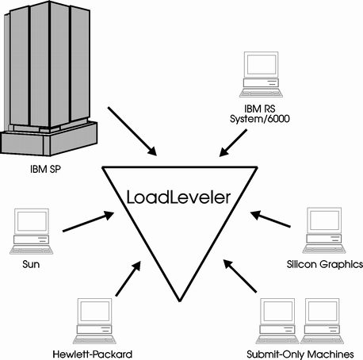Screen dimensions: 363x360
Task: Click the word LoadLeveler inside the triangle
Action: (x=178, y=197)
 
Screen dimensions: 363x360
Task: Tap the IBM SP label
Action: (x=45, y=169)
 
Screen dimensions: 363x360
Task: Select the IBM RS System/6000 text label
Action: (x=260, y=114)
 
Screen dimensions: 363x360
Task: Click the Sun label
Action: (x=31, y=264)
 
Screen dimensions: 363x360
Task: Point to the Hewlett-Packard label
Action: (x=93, y=354)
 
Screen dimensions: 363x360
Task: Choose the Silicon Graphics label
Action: (x=325, y=264)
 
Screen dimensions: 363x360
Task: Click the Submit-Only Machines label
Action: (x=300, y=354)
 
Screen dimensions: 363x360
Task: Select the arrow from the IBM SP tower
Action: (x=132, y=132)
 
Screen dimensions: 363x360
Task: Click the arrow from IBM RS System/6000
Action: (x=233, y=143)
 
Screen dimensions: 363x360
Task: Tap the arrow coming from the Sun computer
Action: (x=89, y=221)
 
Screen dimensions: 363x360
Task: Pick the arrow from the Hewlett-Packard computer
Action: (x=128, y=278)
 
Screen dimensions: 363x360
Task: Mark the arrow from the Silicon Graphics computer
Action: (x=270, y=219)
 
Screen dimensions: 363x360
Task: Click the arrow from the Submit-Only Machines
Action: (x=240, y=276)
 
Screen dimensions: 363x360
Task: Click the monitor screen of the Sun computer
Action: (x=32, y=221)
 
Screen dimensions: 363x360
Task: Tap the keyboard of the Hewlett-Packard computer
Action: (x=94, y=339)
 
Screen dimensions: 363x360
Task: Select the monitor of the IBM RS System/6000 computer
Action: (x=262, y=65)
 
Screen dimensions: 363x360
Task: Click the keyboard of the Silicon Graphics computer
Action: (x=324, y=249)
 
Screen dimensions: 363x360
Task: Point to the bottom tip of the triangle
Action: (x=180, y=301)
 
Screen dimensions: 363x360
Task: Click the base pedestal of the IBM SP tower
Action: (x=49, y=140)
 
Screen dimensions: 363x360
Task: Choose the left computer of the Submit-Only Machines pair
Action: (x=277, y=321)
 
